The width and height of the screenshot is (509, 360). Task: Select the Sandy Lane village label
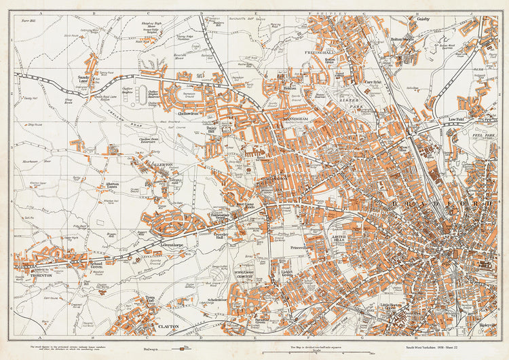(84, 79)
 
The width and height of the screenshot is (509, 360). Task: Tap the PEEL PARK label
(483, 135)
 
